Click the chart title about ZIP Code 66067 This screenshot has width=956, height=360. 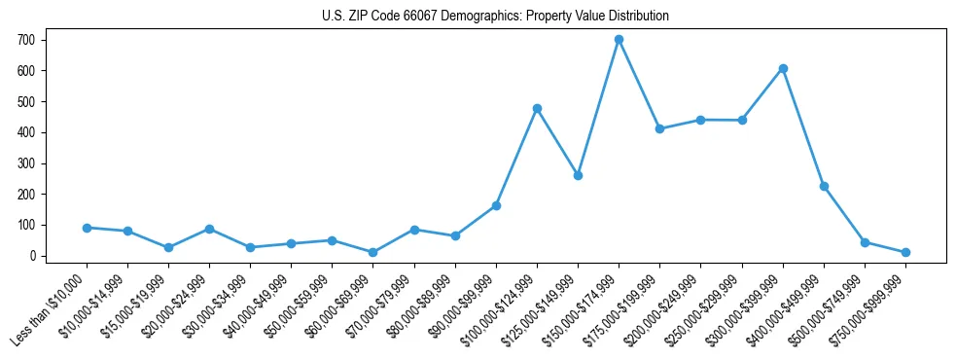point(495,17)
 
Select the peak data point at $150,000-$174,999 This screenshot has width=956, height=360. point(619,40)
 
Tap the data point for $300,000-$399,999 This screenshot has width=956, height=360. point(783,68)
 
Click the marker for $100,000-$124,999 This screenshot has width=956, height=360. point(537,108)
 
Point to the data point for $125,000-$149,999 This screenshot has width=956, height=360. point(578,175)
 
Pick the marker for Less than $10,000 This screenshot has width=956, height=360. point(87,228)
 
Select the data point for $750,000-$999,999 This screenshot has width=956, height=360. point(905,252)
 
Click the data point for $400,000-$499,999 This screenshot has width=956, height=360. point(824,186)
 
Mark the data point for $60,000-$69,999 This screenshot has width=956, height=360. point(373,252)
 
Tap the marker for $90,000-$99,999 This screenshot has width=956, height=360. point(496,205)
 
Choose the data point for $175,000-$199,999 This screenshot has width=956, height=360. point(659,128)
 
